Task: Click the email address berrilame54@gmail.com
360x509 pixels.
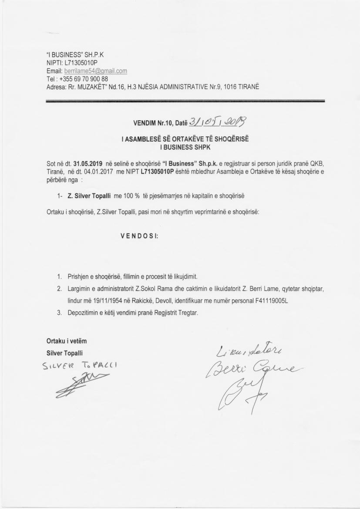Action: tap(96, 71)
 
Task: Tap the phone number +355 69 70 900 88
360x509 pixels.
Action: tap(83, 79)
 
